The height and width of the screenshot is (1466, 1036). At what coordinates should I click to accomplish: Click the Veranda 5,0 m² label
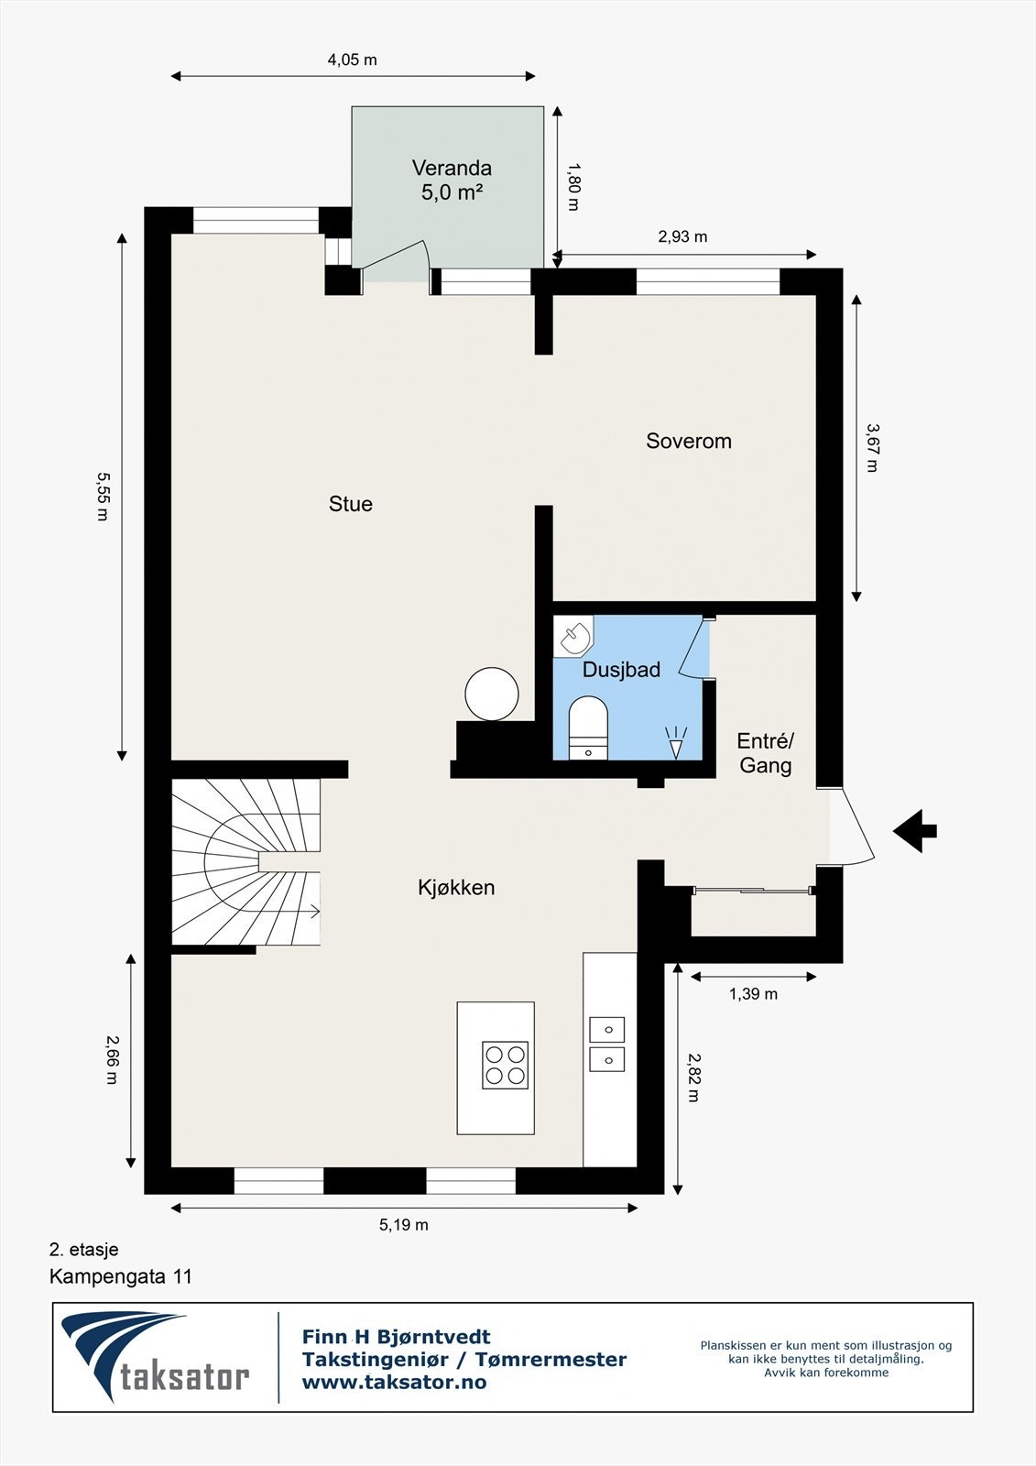point(452,181)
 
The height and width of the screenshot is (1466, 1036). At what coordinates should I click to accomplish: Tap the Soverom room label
point(689,441)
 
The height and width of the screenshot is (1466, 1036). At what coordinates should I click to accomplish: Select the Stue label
point(351,504)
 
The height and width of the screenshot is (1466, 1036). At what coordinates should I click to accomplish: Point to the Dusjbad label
point(621,670)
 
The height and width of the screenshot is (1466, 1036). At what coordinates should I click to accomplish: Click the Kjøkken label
point(456,887)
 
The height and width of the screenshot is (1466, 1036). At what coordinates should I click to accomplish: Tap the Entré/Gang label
point(766,753)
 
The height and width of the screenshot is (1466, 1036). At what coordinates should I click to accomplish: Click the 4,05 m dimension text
point(353,60)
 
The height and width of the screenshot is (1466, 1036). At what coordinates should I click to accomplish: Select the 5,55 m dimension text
point(103,496)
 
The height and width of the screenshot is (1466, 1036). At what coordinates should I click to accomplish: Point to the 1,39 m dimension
point(753,994)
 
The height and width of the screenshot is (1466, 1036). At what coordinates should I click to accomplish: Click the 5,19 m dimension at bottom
point(404,1225)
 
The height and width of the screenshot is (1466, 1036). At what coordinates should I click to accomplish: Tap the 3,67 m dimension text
point(872,447)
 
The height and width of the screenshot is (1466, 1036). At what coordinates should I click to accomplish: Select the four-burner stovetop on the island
point(506,1065)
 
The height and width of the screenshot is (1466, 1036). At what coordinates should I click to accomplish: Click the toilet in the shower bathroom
point(588,728)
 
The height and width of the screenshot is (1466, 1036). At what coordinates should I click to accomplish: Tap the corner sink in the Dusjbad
point(575,635)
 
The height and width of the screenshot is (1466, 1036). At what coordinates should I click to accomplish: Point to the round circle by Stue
point(492,694)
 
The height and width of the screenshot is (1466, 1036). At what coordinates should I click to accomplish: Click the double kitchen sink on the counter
point(606,1045)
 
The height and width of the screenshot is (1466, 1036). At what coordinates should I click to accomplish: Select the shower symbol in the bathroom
point(676,742)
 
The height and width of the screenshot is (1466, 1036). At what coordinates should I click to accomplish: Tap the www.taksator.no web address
point(394,1383)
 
